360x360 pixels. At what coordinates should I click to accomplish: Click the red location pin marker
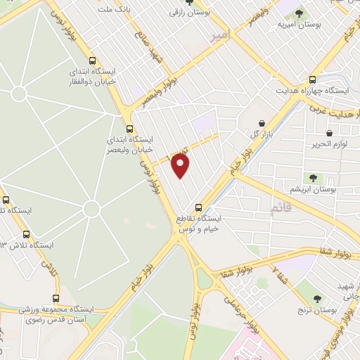pos(181,165)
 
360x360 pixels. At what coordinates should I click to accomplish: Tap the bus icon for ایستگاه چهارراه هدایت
pos(313,79)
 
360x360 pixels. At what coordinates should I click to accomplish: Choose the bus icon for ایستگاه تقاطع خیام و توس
pos(199,207)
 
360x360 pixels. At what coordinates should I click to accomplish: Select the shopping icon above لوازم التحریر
pos(329,133)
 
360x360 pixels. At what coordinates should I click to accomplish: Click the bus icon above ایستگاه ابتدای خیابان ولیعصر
pos(129,129)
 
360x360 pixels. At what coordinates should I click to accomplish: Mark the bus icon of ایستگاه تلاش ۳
pos(27,234)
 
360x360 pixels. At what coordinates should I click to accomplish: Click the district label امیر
pos(220,36)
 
